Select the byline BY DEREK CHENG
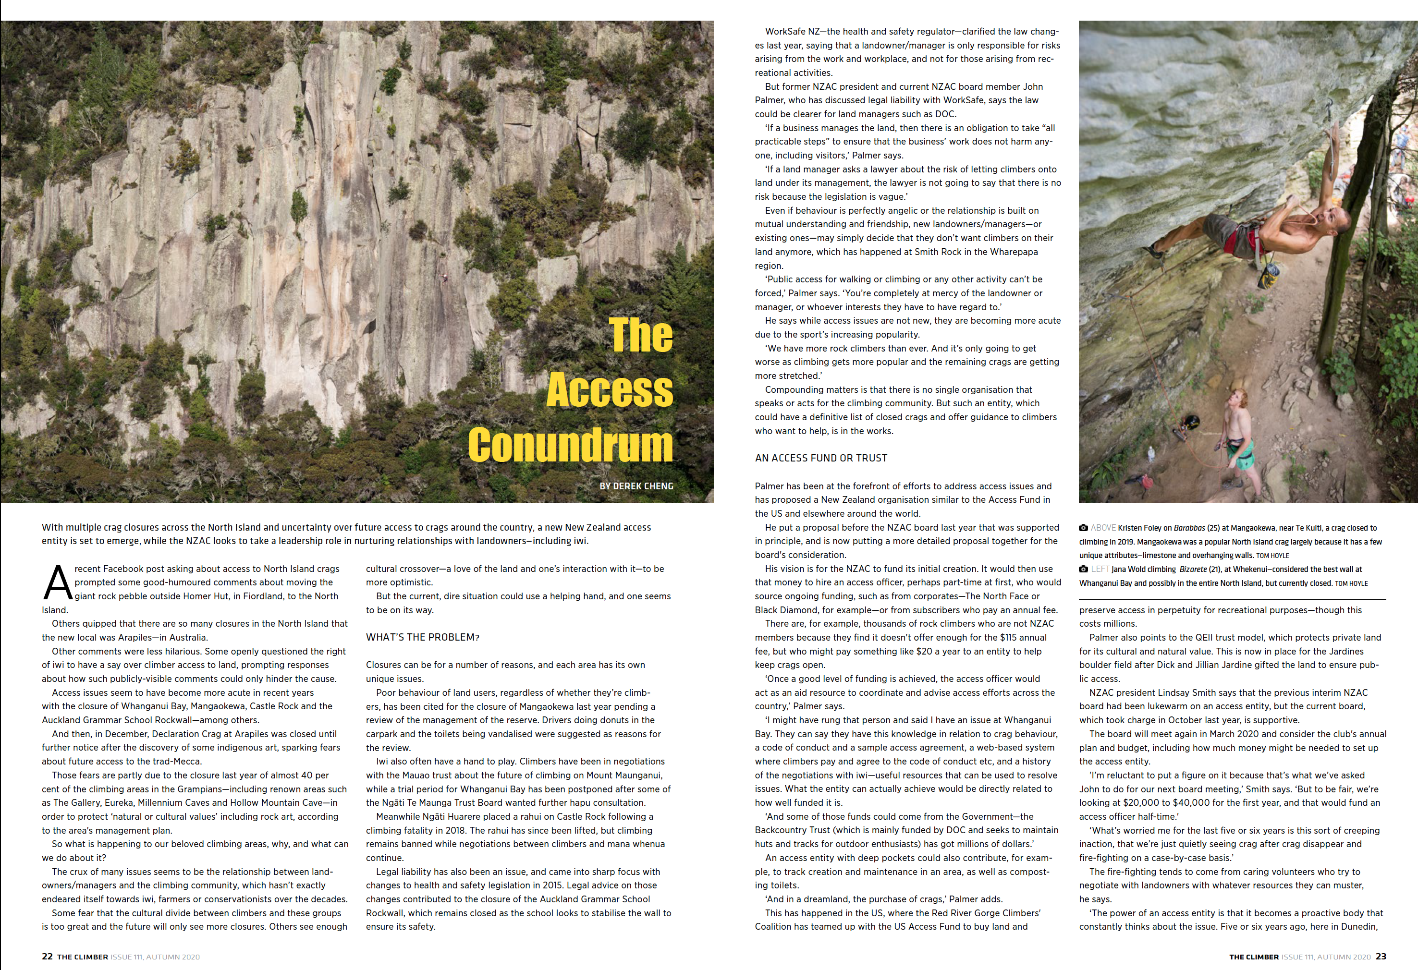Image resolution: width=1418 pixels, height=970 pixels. pos(636,486)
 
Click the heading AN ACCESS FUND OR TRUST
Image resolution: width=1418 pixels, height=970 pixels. pos(820,458)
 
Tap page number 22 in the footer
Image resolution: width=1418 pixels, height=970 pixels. pos(47,957)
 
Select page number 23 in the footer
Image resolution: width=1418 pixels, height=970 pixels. pos(1381,957)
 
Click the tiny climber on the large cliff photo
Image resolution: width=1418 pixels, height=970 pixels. pos(445,278)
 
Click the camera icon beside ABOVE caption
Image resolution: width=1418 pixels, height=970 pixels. pos(1084,528)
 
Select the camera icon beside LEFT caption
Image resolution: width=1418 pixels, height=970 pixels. pos(1084,569)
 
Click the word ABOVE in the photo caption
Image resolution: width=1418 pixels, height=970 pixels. pos(1103,528)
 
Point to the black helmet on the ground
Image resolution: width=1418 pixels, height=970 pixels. pos(1190,421)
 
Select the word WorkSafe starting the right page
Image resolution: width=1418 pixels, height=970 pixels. pos(785,32)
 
